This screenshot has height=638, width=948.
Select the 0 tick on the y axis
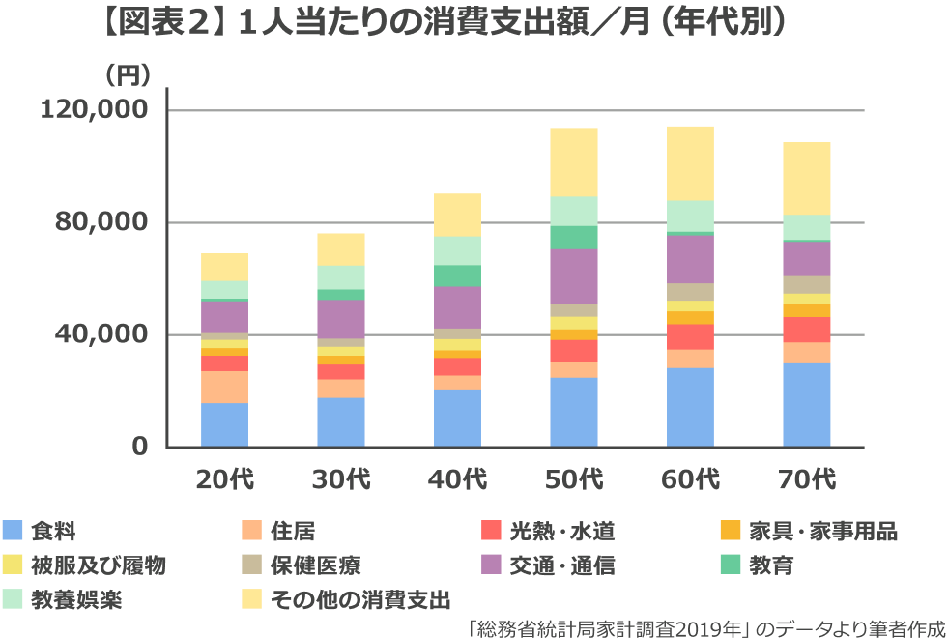[138, 448]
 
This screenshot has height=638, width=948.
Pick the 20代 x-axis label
[224, 478]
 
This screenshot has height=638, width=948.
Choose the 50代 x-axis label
[574, 478]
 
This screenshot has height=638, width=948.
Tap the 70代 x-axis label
[807, 478]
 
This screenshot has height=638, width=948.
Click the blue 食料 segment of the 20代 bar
[224, 425]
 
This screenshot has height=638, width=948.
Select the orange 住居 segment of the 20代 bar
[224, 387]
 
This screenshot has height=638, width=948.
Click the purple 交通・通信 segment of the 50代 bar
[574, 276]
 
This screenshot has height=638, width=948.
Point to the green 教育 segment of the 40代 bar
[457, 275]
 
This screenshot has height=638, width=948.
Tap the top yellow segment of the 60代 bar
[690, 162]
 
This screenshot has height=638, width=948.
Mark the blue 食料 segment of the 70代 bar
[807, 405]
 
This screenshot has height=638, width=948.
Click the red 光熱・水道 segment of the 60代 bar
[690, 336]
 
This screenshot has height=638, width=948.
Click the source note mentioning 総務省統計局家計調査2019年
[705, 626]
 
